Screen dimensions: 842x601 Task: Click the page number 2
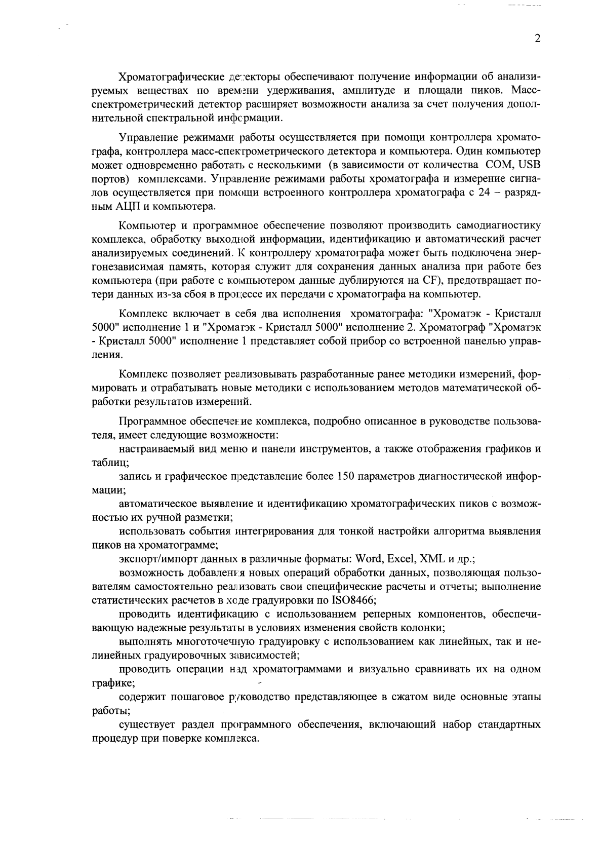pos(538,39)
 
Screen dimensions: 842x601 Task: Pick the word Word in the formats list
pos(369,559)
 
